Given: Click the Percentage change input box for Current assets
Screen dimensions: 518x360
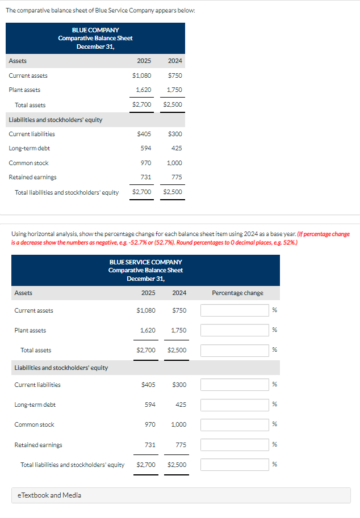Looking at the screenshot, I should pyautogui.click(x=234, y=310).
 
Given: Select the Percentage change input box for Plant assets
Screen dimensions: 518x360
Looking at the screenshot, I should pyautogui.click(x=234, y=330).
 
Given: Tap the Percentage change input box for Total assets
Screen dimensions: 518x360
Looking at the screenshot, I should pyautogui.click(x=234, y=350).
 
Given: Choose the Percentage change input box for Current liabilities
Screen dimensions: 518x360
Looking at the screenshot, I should pyautogui.click(x=234, y=385).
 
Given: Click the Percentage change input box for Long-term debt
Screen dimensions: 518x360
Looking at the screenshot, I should pyautogui.click(x=234, y=405).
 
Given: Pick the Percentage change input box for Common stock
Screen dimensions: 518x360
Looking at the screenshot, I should pyautogui.click(x=234, y=424).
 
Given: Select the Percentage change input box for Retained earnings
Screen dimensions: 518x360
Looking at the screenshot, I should pyautogui.click(x=234, y=445).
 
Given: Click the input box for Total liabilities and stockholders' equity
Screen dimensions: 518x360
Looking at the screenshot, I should pyautogui.click(x=234, y=465).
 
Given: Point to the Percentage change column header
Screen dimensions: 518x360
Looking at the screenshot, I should pyautogui.click(x=237, y=293).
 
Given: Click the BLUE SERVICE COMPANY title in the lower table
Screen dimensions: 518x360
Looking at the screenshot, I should pyautogui.click(x=145, y=262).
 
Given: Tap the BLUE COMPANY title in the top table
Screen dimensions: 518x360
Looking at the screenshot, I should pyautogui.click(x=95, y=30).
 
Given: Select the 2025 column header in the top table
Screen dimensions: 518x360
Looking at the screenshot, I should pyautogui.click(x=144, y=61).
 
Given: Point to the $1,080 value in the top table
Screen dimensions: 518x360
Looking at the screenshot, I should pyautogui.click(x=141, y=75).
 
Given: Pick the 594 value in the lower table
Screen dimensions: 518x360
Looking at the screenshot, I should pyautogui.click(x=149, y=405).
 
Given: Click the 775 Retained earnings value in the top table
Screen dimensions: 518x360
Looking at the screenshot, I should pyautogui.click(x=176, y=177).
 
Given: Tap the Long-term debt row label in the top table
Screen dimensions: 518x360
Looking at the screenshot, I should pyautogui.click(x=29, y=148).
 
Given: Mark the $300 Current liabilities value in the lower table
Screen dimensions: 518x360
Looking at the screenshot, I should pyautogui.click(x=178, y=385).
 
